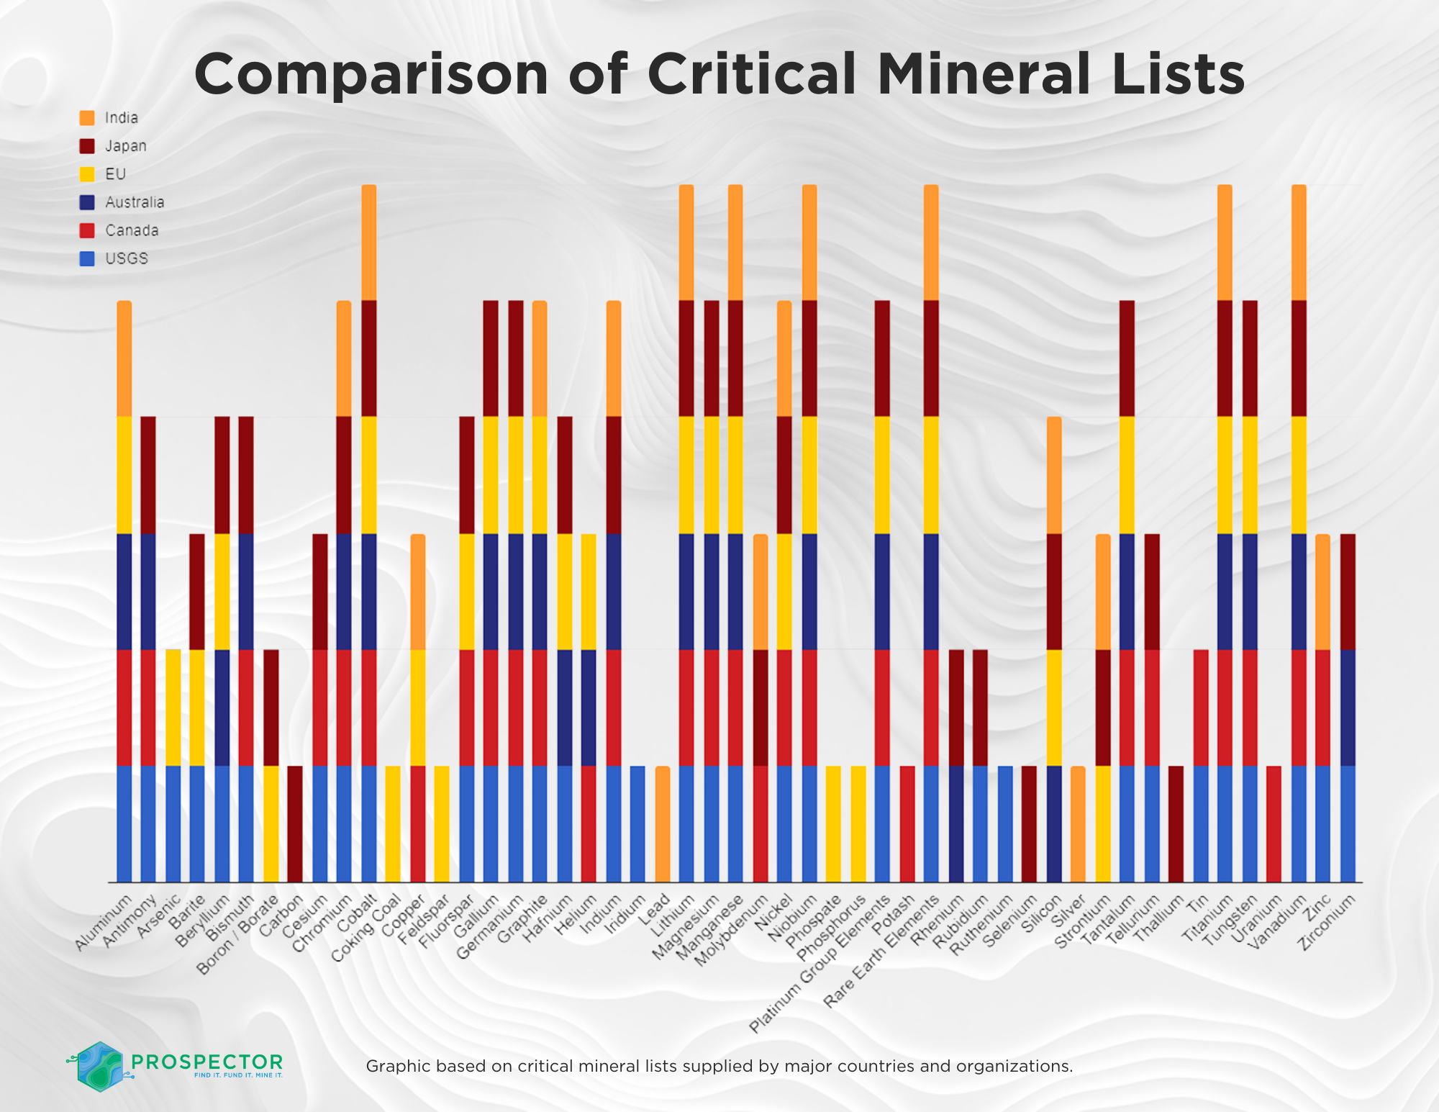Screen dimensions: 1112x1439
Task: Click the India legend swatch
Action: coord(87,118)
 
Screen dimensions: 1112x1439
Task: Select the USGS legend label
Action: coord(127,259)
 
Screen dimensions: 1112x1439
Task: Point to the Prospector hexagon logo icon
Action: coord(99,1066)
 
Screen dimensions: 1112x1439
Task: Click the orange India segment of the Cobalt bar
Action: coord(368,243)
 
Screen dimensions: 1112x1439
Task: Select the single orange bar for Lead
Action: coord(663,823)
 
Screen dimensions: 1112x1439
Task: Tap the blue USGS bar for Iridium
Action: coord(637,823)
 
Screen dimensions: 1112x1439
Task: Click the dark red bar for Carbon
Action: coord(295,823)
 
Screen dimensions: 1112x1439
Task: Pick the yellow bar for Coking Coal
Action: coord(393,823)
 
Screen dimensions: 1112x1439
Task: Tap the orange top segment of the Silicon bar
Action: coord(1053,475)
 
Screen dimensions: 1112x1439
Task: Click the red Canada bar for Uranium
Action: coord(1274,823)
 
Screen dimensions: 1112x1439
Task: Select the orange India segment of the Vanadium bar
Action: coord(1299,243)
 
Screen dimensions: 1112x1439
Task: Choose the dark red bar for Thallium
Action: coord(1176,823)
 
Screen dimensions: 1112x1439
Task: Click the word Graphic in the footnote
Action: coord(394,1066)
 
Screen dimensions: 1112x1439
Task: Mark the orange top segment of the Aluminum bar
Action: coord(124,358)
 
